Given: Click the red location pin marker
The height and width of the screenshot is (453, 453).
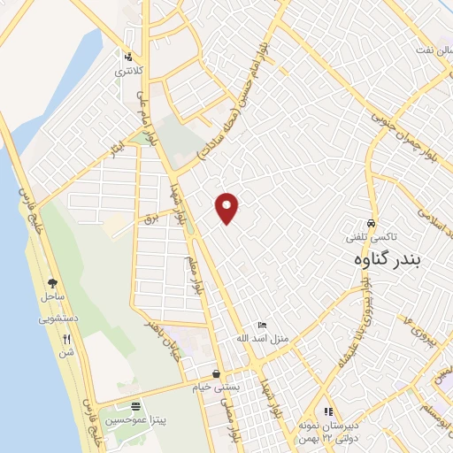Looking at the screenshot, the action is [227, 208].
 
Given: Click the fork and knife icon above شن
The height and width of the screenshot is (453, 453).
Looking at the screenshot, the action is [66, 339].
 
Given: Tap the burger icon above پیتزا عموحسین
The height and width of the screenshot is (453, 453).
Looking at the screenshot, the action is [134, 407].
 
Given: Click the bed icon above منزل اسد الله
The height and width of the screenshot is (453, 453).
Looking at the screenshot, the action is [259, 326].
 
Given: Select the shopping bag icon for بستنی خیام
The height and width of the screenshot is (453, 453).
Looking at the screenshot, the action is [217, 373].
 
